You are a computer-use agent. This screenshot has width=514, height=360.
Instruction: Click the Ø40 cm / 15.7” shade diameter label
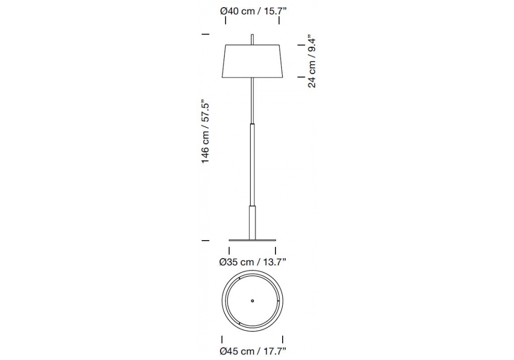point(253,11)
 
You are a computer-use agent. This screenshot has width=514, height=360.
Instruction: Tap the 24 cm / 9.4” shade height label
point(312,63)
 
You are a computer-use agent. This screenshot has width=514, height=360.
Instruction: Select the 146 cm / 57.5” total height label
point(205,132)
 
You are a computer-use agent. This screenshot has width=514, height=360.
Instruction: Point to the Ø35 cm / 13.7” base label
point(253,262)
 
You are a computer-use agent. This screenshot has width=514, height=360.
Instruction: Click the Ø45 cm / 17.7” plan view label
point(253,351)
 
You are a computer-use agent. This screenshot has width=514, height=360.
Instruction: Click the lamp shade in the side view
point(252,61)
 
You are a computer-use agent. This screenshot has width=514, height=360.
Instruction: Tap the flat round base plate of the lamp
point(252,240)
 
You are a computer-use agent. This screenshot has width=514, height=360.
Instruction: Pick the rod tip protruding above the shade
point(252,39)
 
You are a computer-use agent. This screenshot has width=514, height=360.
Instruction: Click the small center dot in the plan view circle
point(252,301)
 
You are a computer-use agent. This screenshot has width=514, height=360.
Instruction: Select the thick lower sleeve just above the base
point(252,223)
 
